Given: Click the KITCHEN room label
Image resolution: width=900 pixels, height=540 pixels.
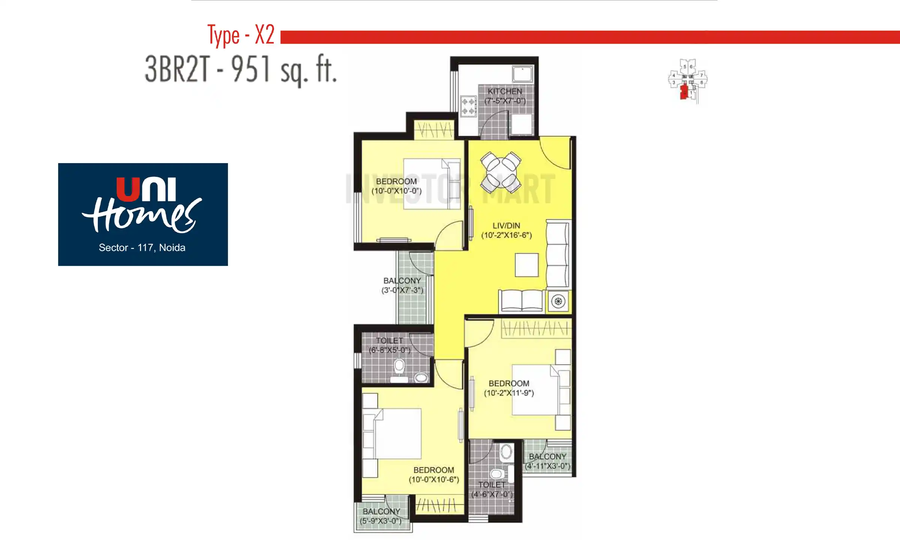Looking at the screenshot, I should click(505, 91).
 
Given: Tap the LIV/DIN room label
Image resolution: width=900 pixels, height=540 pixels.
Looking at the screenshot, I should click(506, 226).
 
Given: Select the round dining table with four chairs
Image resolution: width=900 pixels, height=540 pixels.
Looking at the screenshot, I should click(501, 172).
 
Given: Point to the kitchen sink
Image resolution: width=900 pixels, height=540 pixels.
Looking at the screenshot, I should click(522, 74).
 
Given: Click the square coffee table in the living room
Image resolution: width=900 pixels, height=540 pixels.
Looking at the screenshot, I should click(526, 265).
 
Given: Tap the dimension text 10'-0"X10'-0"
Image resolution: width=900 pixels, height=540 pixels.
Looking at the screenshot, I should click(396, 191).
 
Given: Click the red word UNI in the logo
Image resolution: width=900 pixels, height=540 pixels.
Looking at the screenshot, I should click(146, 189).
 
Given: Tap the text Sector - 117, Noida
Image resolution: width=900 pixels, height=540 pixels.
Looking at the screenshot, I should click(142, 247).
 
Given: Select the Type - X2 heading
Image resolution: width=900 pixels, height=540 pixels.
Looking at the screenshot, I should click(241, 35).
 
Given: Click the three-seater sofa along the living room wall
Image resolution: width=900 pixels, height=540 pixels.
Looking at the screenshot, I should click(558, 255).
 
